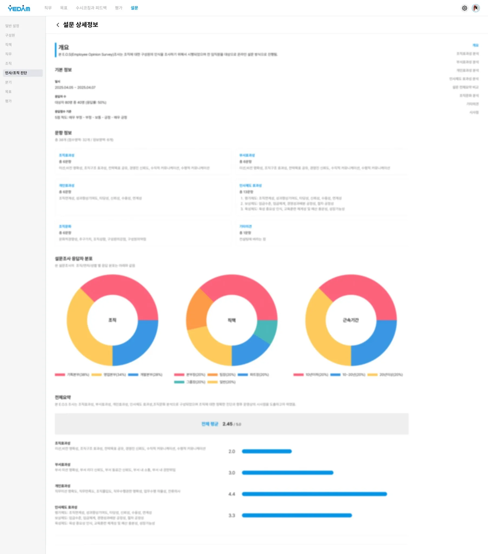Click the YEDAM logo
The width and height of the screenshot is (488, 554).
(19, 8)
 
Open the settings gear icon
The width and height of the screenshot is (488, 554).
(464, 8)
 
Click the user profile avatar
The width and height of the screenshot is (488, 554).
(476, 8)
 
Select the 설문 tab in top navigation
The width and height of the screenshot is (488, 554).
(134, 8)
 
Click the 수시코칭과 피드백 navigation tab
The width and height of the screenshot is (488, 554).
(91, 8)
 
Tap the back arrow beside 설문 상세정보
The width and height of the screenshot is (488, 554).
(58, 25)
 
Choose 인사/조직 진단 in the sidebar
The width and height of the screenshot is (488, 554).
(16, 73)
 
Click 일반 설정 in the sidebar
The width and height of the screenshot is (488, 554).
(12, 26)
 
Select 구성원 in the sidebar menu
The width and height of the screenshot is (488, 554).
(10, 35)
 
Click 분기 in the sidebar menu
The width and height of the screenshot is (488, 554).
(8, 83)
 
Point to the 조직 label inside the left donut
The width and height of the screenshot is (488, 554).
(112, 320)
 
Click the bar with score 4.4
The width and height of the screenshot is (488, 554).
(314, 494)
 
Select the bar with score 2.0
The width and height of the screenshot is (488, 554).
(267, 451)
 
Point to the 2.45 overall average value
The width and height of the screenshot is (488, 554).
(227, 424)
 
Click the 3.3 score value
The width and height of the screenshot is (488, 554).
(232, 516)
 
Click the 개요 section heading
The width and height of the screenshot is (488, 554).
(64, 47)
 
